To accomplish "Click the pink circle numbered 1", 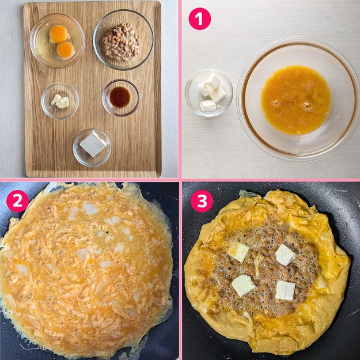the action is click(x=199, y=19).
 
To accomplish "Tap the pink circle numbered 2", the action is click(x=17, y=201).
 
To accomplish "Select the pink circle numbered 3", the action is click(x=202, y=201).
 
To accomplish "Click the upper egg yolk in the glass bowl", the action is click(x=59, y=34).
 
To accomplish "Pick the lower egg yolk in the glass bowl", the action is click(x=66, y=50).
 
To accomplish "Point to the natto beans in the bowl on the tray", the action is click(x=121, y=42).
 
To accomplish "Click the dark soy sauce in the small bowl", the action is click(x=120, y=97).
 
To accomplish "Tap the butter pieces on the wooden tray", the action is click(x=60, y=101).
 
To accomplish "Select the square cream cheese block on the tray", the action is click(x=93, y=144).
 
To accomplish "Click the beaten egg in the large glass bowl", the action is click(x=296, y=100).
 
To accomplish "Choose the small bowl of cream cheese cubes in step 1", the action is click(x=209, y=93).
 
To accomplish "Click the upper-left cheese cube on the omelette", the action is click(x=238, y=251).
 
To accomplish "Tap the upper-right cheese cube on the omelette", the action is click(x=285, y=255).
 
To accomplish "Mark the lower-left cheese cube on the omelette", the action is click(x=243, y=285).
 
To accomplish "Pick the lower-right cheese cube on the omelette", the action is click(x=285, y=290).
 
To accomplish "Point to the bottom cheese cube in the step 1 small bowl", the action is click(x=208, y=106).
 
